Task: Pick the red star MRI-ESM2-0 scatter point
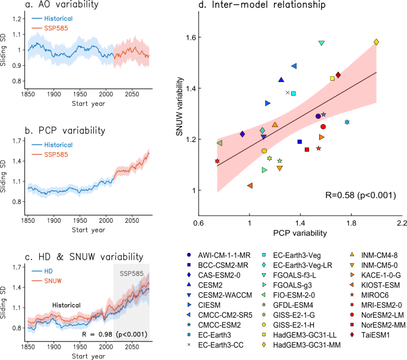click(x=217, y=161)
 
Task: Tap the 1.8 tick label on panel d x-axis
click(x=351, y=222)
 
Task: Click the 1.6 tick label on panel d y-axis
click(x=191, y=37)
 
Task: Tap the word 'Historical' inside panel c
click(x=65, y=305)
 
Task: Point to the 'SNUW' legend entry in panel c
click(x=51, y=280)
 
